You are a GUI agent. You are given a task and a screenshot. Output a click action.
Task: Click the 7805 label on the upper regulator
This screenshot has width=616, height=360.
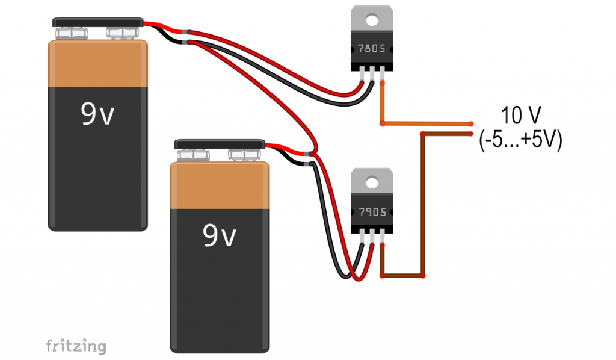pyautogui.click(x=371, y=48)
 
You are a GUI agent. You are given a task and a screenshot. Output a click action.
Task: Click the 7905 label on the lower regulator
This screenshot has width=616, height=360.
pyautogui.click(x=372, y=213)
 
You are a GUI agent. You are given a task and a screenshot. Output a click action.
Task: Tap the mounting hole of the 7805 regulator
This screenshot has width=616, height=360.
pyautogui.click(x=372, y=19)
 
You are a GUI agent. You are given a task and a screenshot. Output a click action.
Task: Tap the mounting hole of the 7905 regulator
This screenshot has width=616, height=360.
pyautogui.click(x=372, y=182)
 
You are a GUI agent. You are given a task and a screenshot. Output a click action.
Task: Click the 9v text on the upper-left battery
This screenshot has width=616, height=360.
pyautogui.click(x=97, y=114)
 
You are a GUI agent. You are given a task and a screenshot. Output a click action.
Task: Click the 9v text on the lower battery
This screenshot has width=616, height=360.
pyautogui.click(x=219, y=235)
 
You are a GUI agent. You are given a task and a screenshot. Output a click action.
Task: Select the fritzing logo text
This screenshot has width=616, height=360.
pyautogui.click(x=76, y=346)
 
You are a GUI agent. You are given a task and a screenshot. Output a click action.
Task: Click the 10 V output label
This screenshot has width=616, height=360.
pyautogui.click(x=521, y=115)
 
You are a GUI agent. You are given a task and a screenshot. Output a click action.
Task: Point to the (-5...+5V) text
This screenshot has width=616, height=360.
pyautogui.click(x=521, y=140)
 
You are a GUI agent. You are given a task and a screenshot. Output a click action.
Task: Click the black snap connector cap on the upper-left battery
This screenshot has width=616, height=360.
pyautogui.click(x=98, y=22)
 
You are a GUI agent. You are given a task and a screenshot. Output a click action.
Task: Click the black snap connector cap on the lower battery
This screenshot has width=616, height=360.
pyautogui.click(x=220, y=144)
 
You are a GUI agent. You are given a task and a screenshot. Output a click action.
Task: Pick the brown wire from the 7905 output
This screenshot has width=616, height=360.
pyautogui.click(x=423, y=204)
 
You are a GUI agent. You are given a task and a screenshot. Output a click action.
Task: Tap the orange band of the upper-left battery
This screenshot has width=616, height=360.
pyautogui.click(x=98, y=63)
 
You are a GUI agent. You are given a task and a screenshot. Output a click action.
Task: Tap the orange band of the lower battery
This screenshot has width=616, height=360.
pyautogui.click(x=220, y=185)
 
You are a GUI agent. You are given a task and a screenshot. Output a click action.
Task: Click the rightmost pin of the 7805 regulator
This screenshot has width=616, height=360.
pyautogui.click(x=382, y=75)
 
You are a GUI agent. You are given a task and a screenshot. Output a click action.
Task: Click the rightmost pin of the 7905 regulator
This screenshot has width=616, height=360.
pyautogui.click(x=382, y=238)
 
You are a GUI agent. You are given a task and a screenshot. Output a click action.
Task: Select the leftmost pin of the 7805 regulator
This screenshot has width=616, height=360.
pyautogui.click(x=362, y=75)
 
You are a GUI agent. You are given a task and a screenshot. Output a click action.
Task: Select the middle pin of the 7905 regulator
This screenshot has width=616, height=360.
pyautogui.click(x=372, y=238)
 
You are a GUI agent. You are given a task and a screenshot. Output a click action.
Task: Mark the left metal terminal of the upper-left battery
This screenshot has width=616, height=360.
pyautogui.click(x=72, y=33)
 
